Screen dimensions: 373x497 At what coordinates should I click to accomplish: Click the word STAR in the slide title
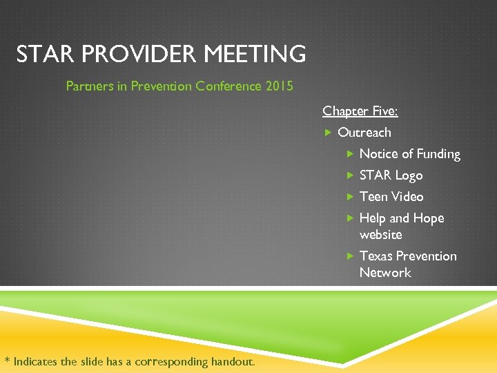43,54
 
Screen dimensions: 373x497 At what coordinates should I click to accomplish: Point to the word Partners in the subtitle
88,86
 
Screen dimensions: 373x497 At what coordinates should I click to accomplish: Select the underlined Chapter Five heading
360,111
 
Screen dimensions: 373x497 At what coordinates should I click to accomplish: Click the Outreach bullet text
364,133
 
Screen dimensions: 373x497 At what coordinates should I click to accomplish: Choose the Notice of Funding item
409,154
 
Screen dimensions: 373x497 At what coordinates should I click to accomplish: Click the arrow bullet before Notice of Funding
350,154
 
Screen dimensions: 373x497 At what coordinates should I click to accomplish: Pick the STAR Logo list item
391,175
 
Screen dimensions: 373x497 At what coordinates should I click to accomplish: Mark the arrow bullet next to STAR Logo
350,175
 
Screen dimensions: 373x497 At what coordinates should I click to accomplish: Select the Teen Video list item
391,197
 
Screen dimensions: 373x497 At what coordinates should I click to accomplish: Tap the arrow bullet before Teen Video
350,197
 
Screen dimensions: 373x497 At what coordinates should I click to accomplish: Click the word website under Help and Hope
380,235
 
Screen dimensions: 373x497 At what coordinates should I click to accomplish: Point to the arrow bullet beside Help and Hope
350,218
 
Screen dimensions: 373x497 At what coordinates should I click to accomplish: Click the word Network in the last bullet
384,273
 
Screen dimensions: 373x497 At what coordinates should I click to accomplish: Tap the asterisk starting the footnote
7,360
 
